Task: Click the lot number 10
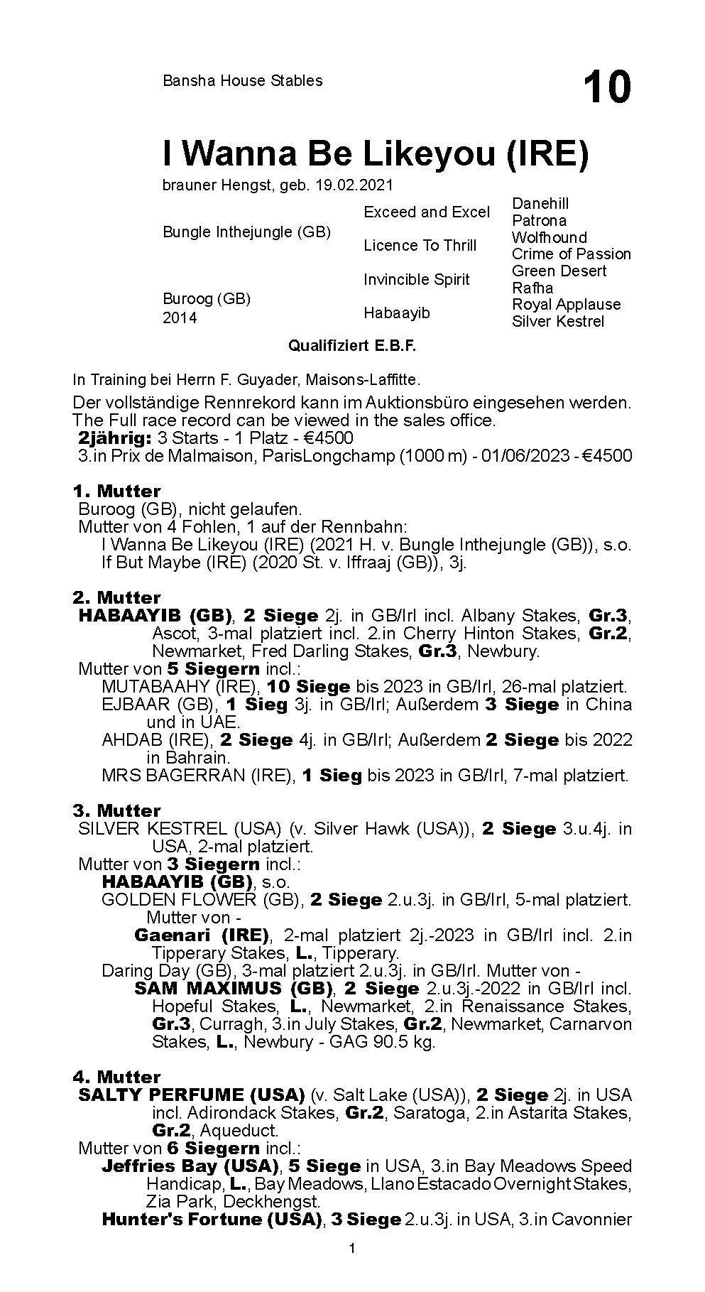[606, 87]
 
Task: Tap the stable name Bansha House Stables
[242, 81]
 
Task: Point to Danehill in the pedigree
[540, 204]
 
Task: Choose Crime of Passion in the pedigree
[571, 254]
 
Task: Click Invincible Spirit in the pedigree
[416, 279]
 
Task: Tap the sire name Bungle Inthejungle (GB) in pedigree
[246, 232]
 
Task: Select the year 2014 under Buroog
[180, 317]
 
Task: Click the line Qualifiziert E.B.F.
[352, 346]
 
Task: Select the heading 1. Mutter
[116, 491]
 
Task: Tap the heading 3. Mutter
[116, 810]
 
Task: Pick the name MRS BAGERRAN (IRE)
[198, 775]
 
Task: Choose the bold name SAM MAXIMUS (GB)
[234, 989]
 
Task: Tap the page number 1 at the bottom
[352, 1268]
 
